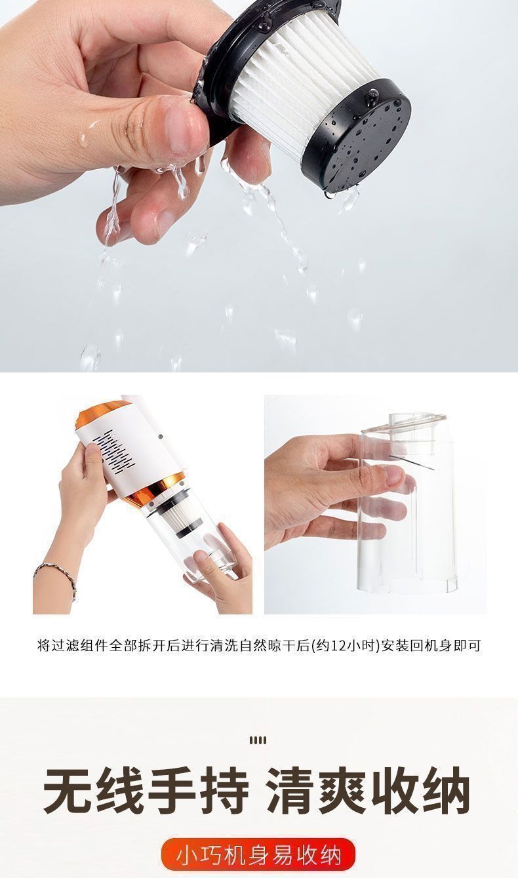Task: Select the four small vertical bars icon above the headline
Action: click(x=258, y=740)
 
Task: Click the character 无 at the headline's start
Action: click(x=68, y=791)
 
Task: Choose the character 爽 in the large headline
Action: click(x=344, y=791)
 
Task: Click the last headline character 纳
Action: click(x=447, y=791)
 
